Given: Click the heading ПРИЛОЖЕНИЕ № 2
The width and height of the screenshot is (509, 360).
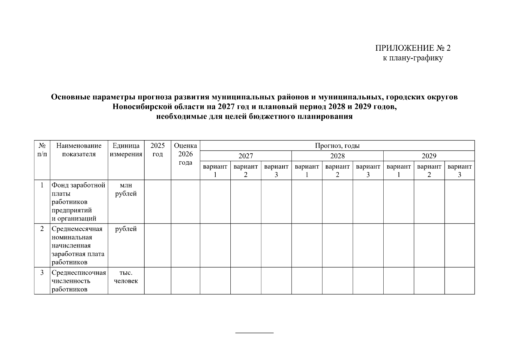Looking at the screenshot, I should pos(413,48).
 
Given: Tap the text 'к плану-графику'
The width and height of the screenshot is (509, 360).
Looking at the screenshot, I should pos(413,58).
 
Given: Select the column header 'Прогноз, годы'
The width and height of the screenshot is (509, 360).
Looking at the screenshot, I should pos(337,146).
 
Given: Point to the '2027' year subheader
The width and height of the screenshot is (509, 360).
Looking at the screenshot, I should pos(246,156).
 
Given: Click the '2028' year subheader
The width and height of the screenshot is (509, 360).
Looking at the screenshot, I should pos(337,156).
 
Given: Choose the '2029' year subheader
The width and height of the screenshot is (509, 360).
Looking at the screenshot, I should pos(429,156).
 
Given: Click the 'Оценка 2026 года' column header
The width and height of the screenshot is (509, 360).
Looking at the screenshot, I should pos(185,154).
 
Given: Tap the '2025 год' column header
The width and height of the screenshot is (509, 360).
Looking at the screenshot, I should pos(157,150).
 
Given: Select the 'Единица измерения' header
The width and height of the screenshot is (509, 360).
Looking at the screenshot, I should pos(126,150).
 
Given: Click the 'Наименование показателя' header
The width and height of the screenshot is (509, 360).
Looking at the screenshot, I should pos(79,150).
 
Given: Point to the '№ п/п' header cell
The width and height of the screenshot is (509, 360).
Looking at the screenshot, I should pos(42,150).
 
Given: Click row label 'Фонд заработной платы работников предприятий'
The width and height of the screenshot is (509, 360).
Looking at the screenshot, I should pos(78,202).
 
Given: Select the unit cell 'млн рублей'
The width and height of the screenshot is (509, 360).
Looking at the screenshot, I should pos(126,190).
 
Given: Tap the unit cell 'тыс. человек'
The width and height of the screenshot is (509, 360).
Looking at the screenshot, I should pos(126,277).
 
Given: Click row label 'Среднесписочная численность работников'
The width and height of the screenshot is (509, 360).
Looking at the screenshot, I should pos(79,281).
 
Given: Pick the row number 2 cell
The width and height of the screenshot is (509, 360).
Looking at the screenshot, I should pos(42,229).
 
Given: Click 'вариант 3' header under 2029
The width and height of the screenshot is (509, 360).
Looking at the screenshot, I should pos(460,170).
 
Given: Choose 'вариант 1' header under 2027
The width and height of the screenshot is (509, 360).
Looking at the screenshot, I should pos(215,170).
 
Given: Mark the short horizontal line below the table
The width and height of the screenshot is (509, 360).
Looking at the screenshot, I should pos(254,333).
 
